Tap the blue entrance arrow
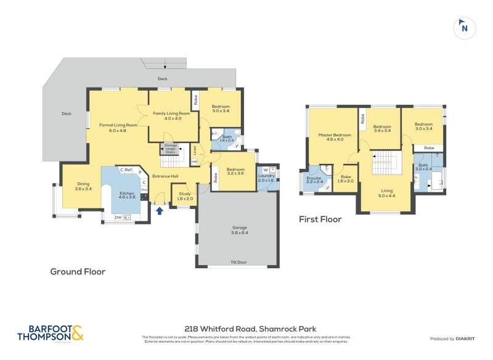coord(160,211)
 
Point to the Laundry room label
coord(266,178)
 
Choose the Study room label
coord(185,196)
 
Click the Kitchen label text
coord(126,194)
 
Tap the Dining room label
coord(83,186)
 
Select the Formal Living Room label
coord(118,128)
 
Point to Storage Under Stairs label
coord(171,148)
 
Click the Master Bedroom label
coord(335,137)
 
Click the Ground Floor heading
coord(78,271)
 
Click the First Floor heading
coord(320,219)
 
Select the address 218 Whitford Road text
coord(246,329)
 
